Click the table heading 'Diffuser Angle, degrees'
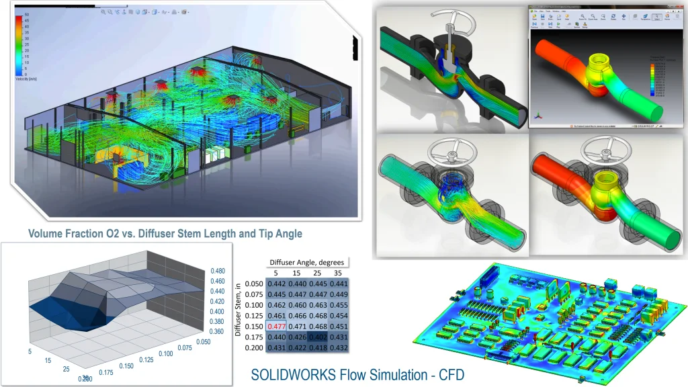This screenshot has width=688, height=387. [306, 261]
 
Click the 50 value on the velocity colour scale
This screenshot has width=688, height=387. [28, 13]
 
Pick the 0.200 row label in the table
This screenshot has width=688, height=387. [254, 347]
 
